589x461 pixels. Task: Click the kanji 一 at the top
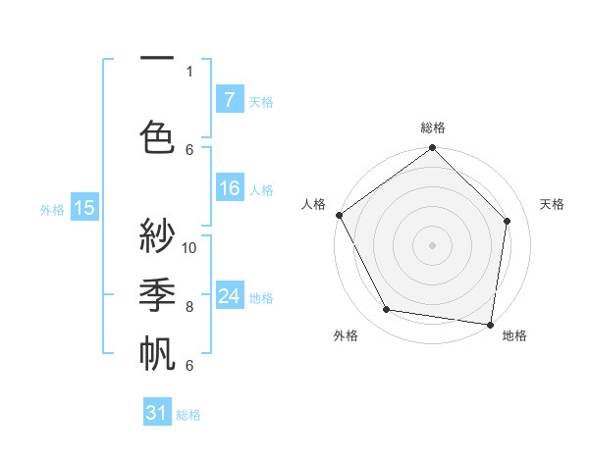coord(157,59)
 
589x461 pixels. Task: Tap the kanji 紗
coord(157,235)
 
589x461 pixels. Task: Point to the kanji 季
coord(157,293)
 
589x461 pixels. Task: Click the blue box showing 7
coord(229,100)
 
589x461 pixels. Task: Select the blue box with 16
coord(229,188)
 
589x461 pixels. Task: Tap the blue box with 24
coord(229,296)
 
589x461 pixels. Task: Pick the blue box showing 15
coord(84,207)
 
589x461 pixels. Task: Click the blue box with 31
coord(157,413)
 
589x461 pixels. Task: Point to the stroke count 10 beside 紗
coord(189,247)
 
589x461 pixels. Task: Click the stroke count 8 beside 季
coord(189,307)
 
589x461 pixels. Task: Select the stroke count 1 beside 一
coord(189,71)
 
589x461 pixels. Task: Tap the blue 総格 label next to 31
coord(188,415)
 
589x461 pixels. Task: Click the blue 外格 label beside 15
coord(52,209)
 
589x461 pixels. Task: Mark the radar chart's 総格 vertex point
coord(432,149)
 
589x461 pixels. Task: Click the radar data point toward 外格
coord(387,310)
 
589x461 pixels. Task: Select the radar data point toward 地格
coord(490,323)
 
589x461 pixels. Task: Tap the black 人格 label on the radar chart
coord(314,204)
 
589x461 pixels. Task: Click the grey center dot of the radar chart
coord(432,244)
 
